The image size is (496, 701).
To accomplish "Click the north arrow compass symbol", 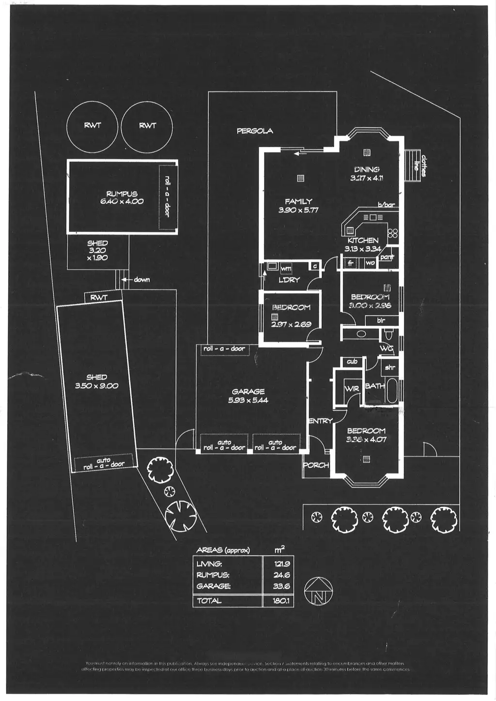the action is tap(318, 592).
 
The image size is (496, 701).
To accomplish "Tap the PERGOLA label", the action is tap(255, 131).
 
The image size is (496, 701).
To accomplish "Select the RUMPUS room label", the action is tap(122, 194).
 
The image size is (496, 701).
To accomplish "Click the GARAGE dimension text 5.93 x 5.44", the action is tap(248, 400).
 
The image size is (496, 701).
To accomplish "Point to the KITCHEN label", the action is tap(363, 240).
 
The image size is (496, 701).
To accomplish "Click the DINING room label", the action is tap(367, 169).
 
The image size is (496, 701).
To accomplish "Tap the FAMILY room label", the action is tap(298, 201).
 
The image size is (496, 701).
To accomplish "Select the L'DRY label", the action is tap(289, 280).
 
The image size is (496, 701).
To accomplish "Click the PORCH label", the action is tap(316, 465).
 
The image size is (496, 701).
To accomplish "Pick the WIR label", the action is tap(352, 388).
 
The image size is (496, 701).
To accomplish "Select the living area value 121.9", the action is tap(281, 564).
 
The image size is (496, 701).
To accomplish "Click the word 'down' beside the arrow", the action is tap(142, 279).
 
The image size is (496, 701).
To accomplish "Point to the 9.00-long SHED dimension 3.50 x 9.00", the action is tap(97, 386).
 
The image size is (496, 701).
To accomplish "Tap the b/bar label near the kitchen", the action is tap(387, 205).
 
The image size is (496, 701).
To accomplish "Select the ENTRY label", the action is tap(320, 421).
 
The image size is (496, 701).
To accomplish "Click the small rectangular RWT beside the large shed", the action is tap(99, 298).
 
